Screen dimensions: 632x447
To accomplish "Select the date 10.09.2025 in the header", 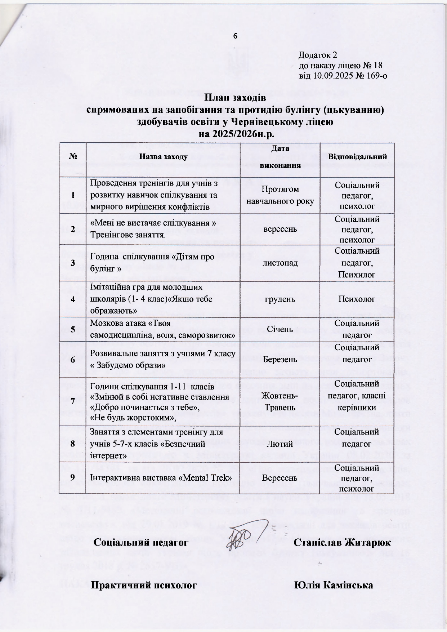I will pos(334,76).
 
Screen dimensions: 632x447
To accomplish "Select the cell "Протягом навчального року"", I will pos(280,195).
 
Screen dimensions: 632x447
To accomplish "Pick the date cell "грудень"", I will pos(280,299).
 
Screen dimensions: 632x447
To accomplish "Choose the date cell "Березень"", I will pos(280,360).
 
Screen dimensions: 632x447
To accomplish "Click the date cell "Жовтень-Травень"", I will pos(280,402).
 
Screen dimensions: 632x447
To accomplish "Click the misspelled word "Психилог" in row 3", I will pos(357,275).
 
